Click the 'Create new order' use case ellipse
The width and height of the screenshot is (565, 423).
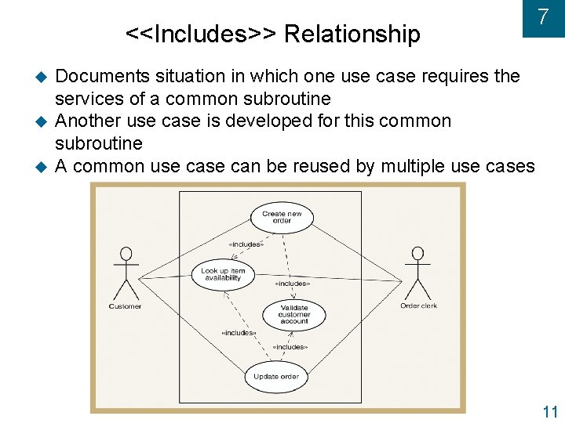click(x=282, y=217)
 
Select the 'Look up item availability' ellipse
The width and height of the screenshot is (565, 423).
click(x=223, y=275)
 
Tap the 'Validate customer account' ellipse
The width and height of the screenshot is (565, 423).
click(x=294, y=314)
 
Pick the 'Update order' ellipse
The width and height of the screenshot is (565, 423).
click(x=276, y=377)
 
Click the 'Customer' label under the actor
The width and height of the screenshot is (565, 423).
click(x=125, y=306)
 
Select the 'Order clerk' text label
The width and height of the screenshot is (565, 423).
click(x=419, y=305)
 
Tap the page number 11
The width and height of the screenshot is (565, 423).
click(x=549, y=412)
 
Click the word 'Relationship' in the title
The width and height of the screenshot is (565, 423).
click(x=352, y=34)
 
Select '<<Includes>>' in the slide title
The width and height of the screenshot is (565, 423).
click(x=201, y=34)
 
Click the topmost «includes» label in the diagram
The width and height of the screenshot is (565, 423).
click(x=246, y=244)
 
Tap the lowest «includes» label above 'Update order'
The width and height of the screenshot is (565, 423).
click(x=290, y=346)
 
